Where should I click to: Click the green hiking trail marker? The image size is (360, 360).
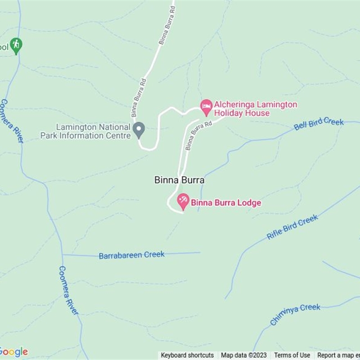[x=16, y=45]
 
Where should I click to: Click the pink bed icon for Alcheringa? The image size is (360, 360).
[x=206, y=107]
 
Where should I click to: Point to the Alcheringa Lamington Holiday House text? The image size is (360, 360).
[x=255, y=109]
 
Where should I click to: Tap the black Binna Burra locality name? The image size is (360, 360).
[x=180, y=180]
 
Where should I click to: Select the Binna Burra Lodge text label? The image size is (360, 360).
[x=226, y=203]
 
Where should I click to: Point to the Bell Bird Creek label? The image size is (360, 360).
[x=319, y=124]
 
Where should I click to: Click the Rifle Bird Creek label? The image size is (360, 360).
[x=292, y=227]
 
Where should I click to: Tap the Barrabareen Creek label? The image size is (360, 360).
[x=131, y=255]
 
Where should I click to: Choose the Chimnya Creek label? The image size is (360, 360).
[x=295, y=314]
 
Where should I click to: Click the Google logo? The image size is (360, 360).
[x=13, y=351]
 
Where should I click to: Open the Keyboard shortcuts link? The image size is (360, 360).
[x=187, y=355]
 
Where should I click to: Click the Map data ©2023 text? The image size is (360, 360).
[x=243, y=355]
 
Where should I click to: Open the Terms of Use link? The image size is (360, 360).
[x=292, y=355]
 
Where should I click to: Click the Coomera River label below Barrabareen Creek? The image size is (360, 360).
[x=68, y=290]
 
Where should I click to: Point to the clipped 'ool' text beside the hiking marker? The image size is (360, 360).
[x=4, y=47]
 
